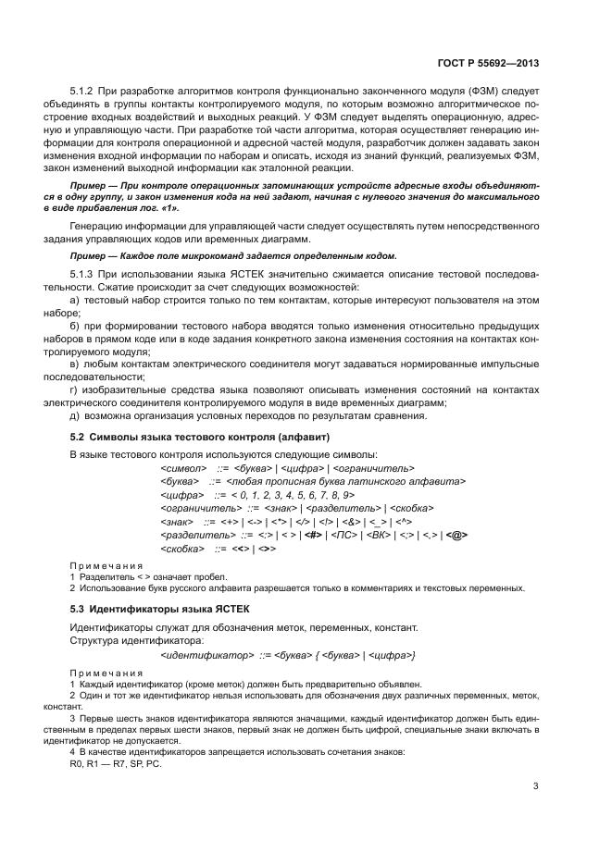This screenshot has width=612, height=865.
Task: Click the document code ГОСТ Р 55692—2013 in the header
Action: point(487,64)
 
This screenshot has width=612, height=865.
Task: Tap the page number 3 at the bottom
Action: point(536,786)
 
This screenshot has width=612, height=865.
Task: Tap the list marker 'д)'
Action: point(76,415)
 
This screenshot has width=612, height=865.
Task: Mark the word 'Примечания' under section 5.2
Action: point(106,564)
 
